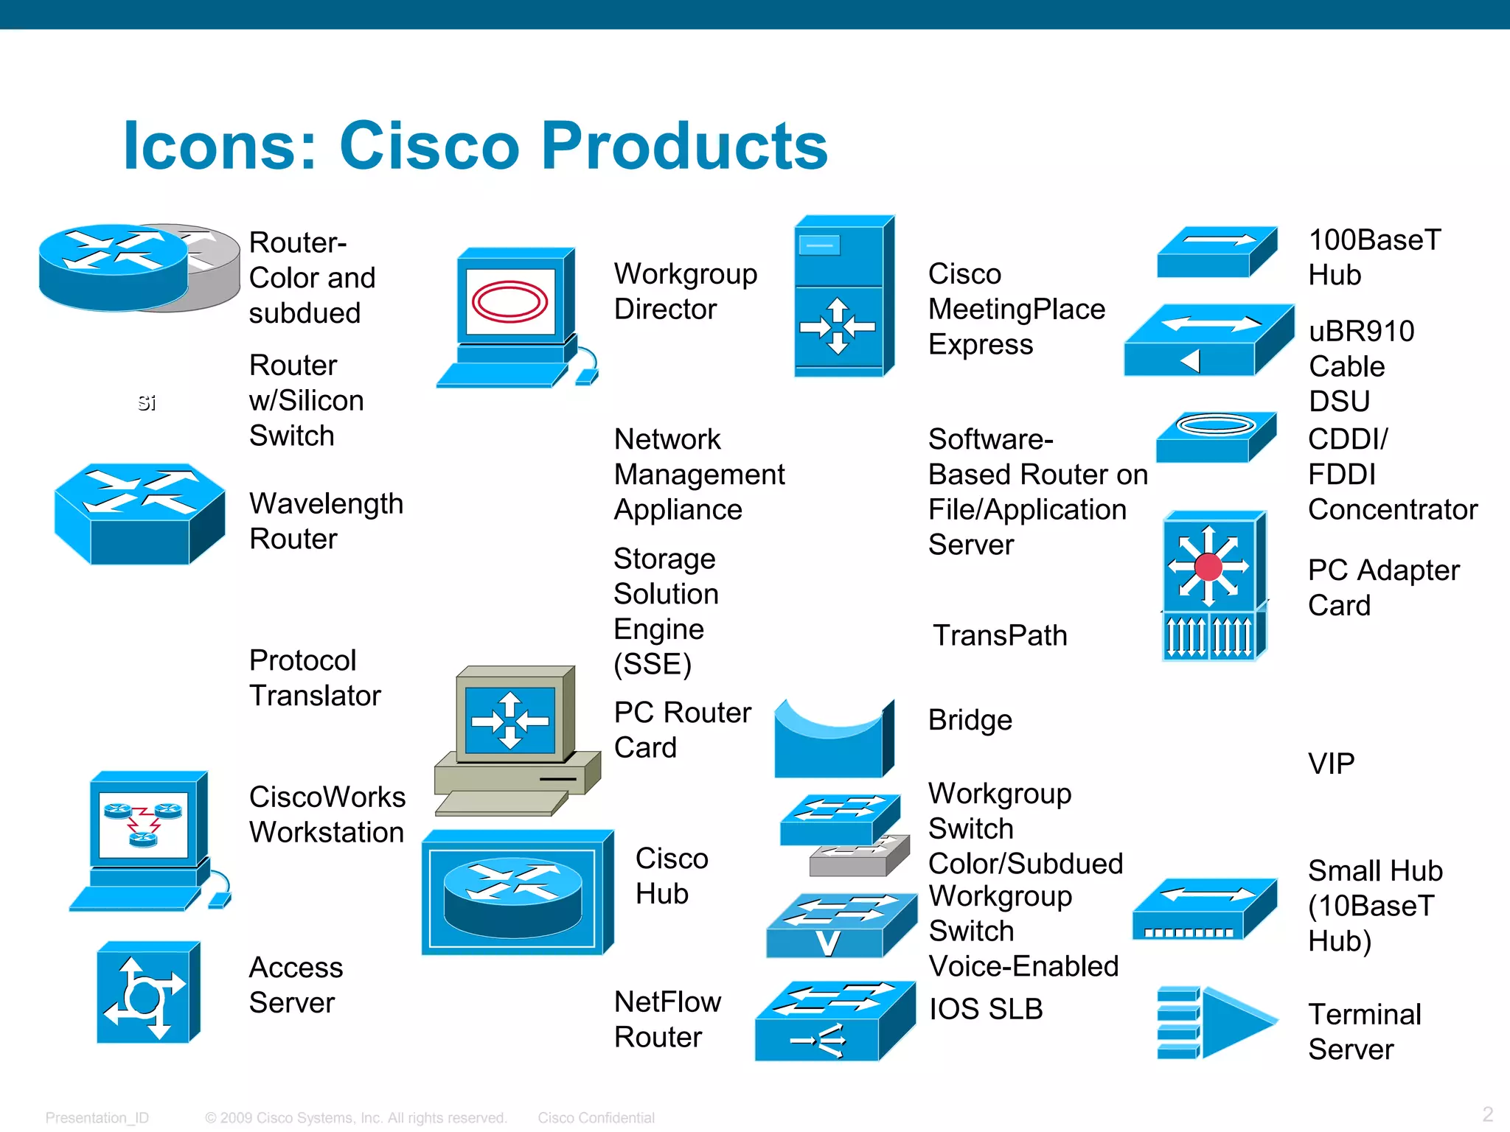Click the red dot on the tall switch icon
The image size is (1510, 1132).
click(1208, 567)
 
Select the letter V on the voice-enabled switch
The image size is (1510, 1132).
click(828, 943)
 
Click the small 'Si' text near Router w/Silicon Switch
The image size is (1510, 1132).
click(147, 402)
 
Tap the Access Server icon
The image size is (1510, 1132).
click(148, 992)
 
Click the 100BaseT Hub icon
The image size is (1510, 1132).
click(1216, 251)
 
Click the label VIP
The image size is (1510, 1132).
click(1331, 764)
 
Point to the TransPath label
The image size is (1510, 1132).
click(1000, 635)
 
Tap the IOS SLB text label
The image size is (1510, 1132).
click(986, 1009)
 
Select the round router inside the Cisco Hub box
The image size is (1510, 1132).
click(513, 895)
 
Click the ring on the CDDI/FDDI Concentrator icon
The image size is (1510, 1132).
click(1216, 425)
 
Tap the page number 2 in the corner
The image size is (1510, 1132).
click(1487, 1114)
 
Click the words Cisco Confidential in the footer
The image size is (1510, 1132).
click(596, 1118)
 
